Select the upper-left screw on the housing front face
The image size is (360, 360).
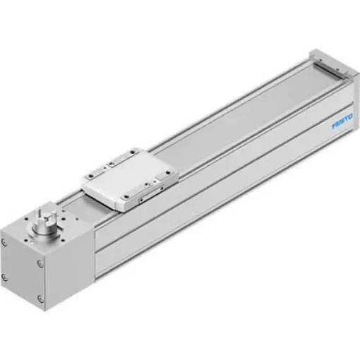coord(5,241)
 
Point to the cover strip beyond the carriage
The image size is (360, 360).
coord(254,114)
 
